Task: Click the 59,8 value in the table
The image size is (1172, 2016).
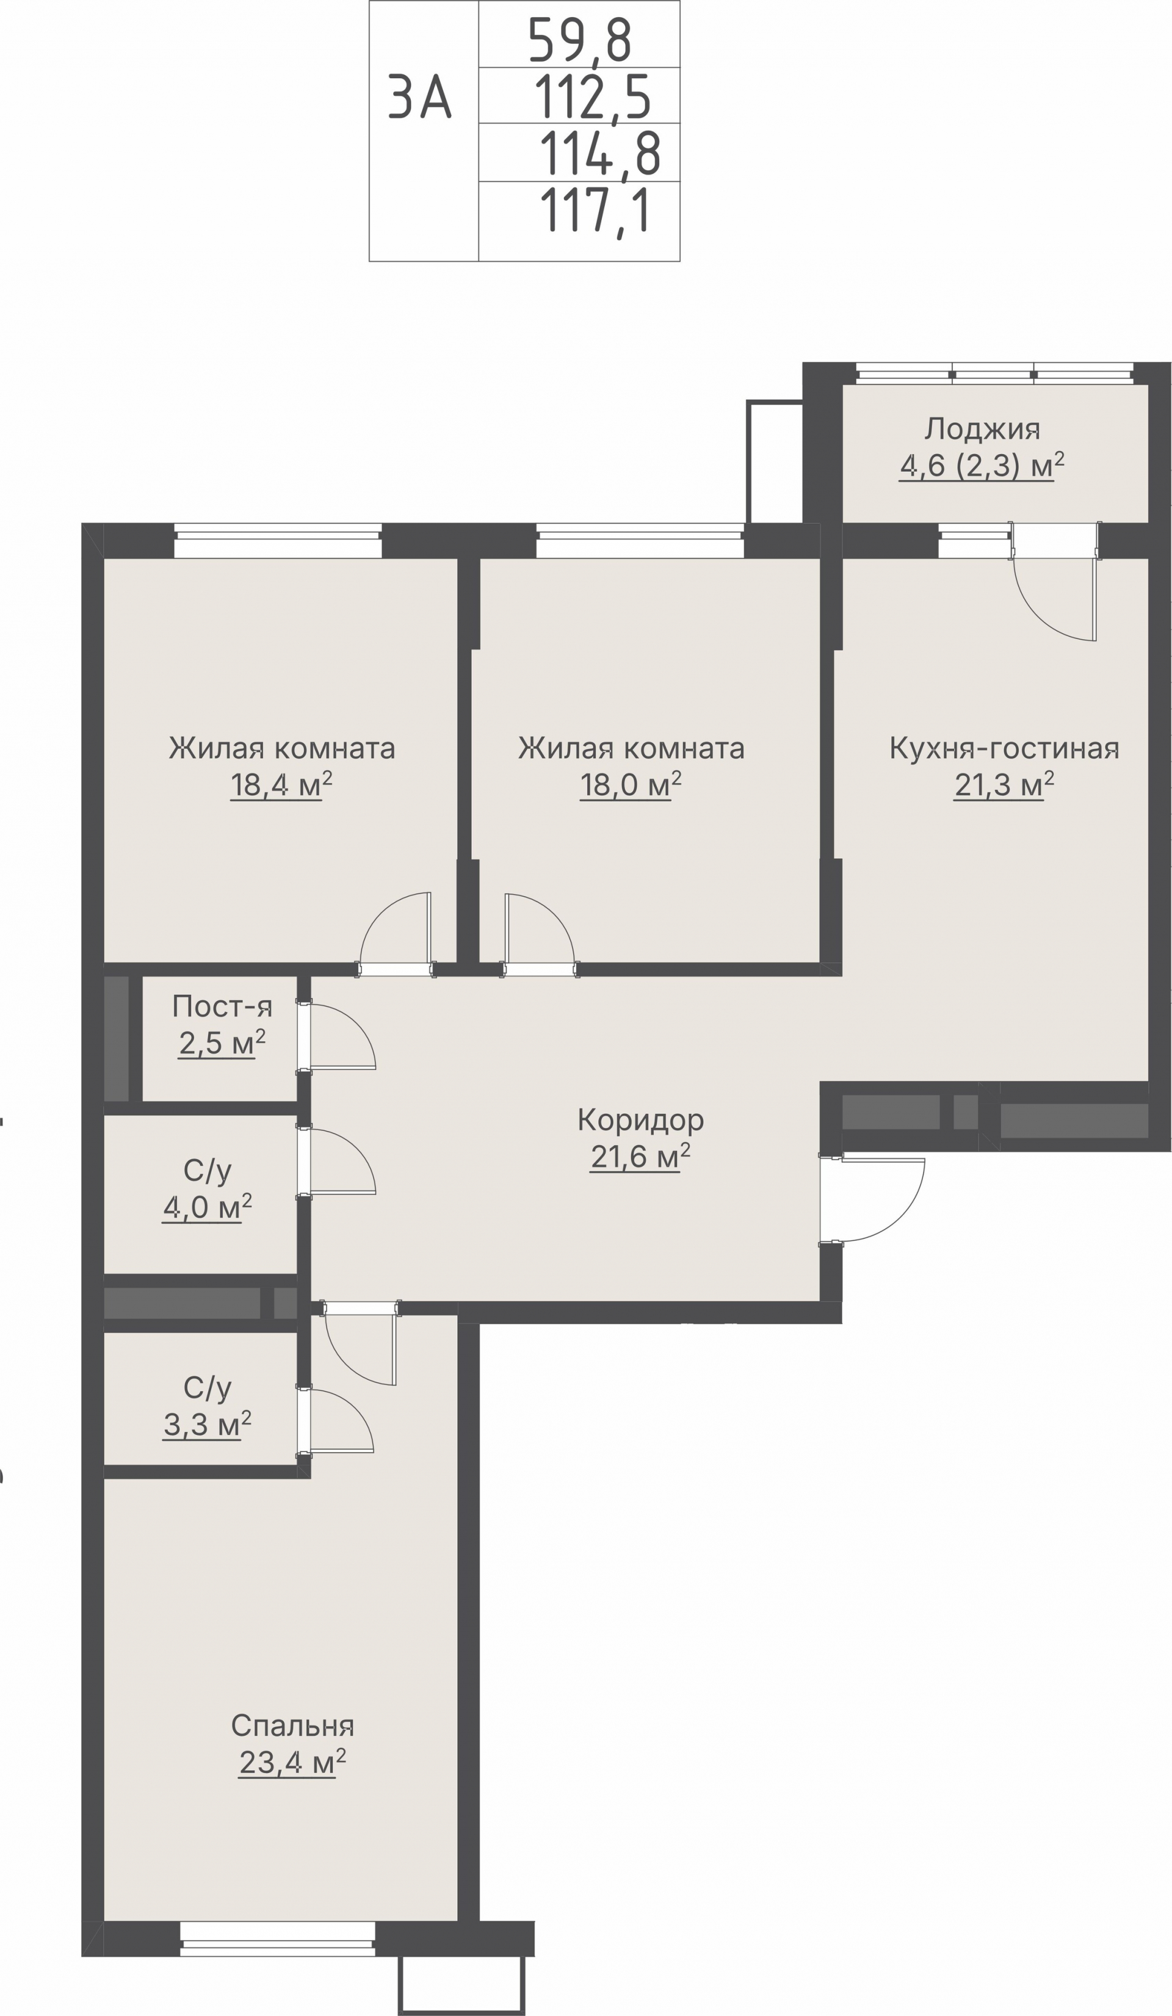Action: coord(580,41)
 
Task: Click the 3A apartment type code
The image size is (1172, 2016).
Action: coord(420,98)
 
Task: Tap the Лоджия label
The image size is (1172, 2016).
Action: coord(982,430)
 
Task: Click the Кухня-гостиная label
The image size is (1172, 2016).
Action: coord(1004,749)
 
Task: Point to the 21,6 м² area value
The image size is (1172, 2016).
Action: coord(640,1157)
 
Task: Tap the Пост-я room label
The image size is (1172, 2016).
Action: coord(222,1006)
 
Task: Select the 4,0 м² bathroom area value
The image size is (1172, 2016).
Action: coord(207,1207)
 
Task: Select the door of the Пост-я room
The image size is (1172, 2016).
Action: coord(336,1035)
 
